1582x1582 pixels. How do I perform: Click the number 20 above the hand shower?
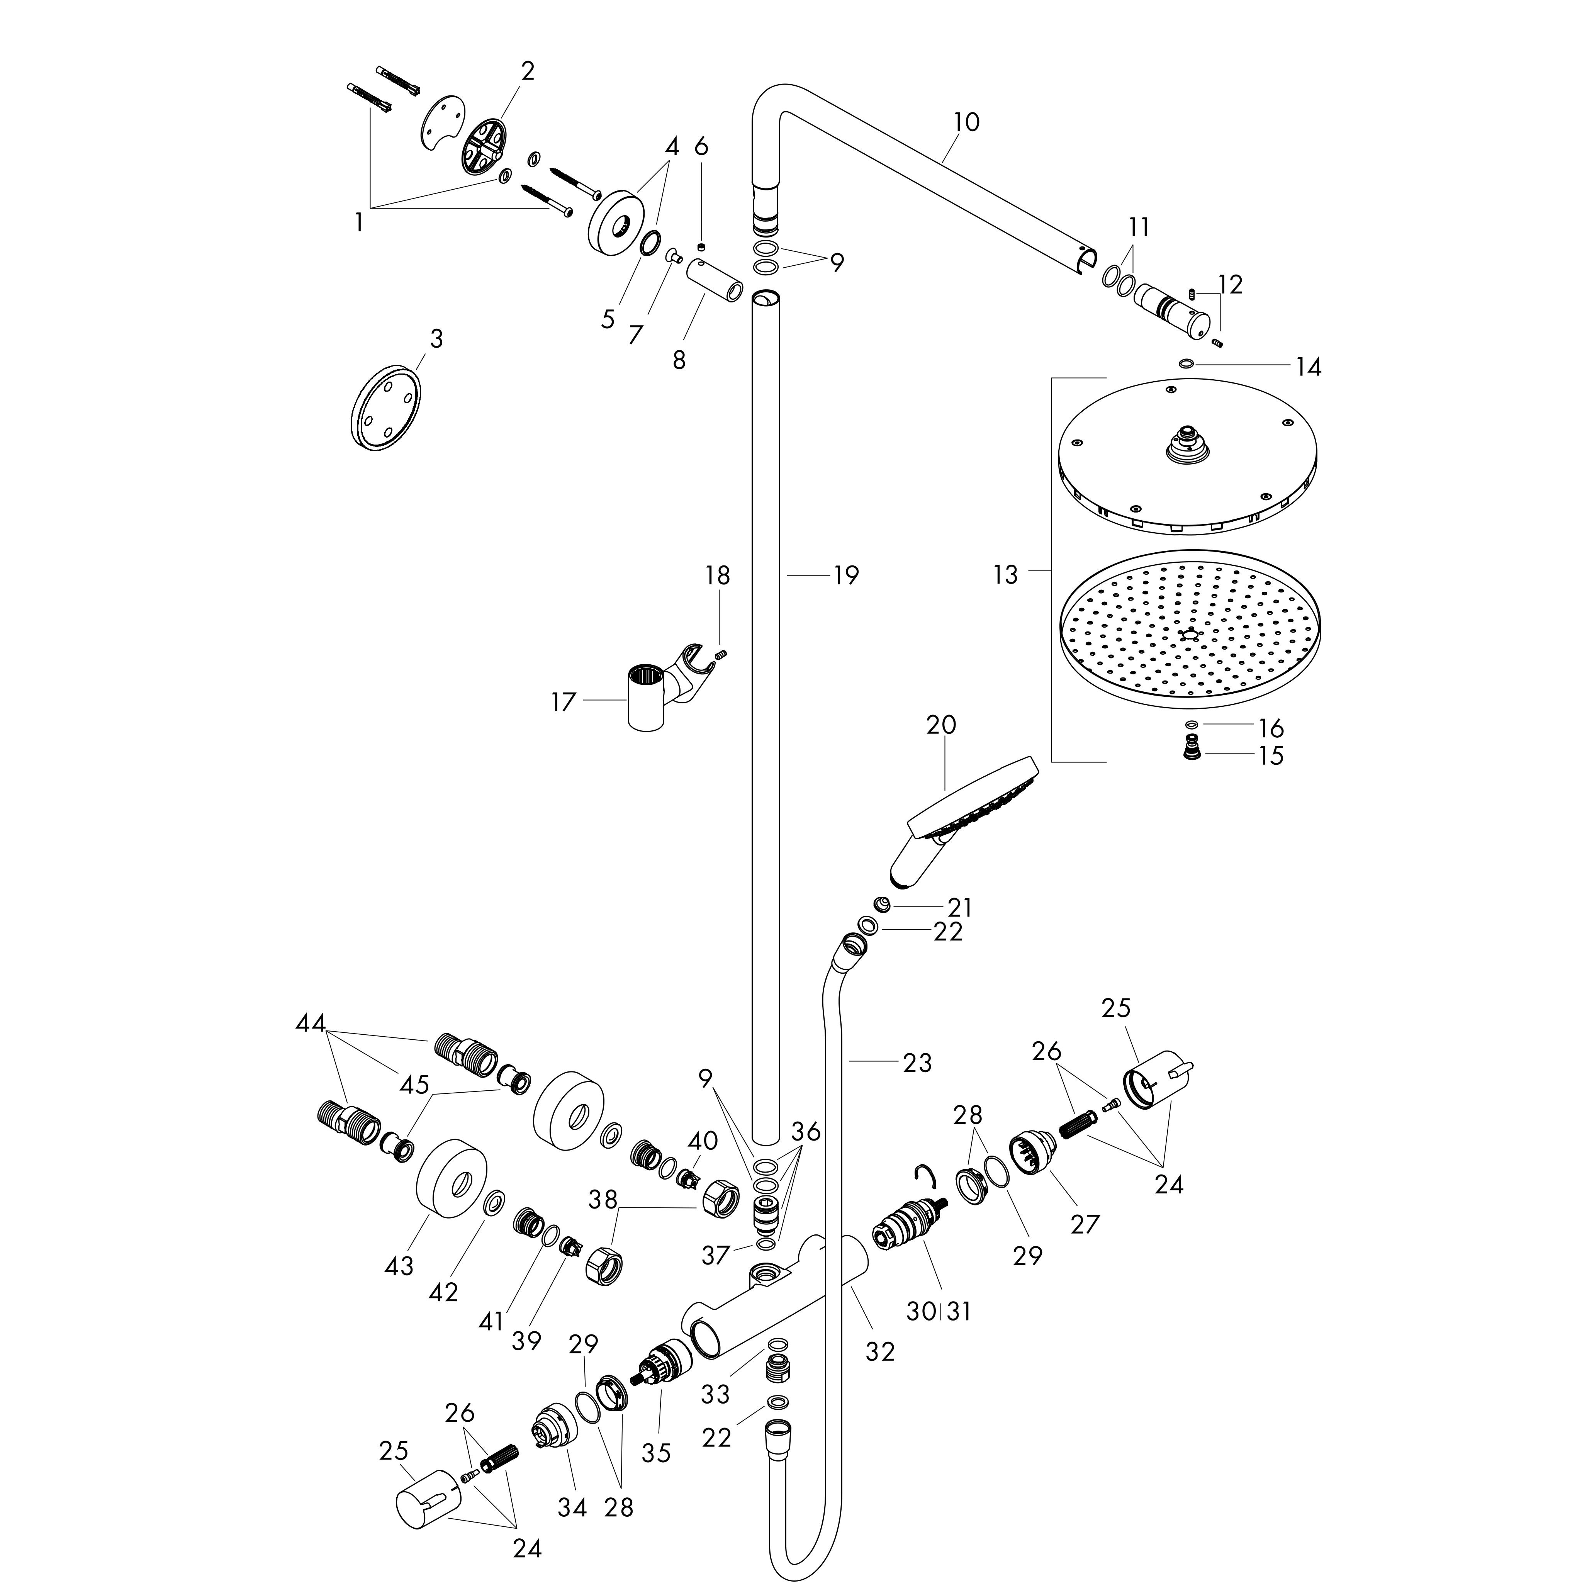point(942,725)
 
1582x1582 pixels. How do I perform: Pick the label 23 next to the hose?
point(917,1063)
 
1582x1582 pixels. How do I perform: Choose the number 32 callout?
point(880,1351)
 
